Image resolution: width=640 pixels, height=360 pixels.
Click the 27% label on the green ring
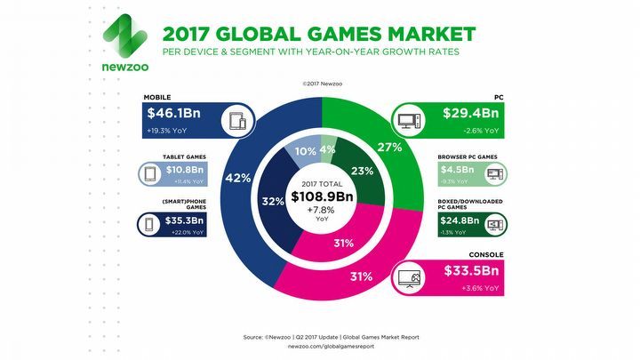[x=387, y=148]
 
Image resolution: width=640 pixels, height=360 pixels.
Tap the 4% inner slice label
[x=328, y=148]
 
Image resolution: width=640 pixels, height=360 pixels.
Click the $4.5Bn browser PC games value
[x=455, y=168]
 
